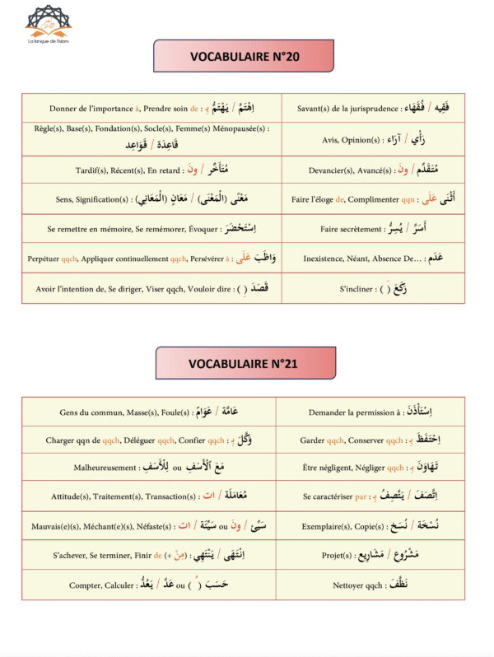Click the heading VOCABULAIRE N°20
[244, 57]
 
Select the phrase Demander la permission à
[350, 411]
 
